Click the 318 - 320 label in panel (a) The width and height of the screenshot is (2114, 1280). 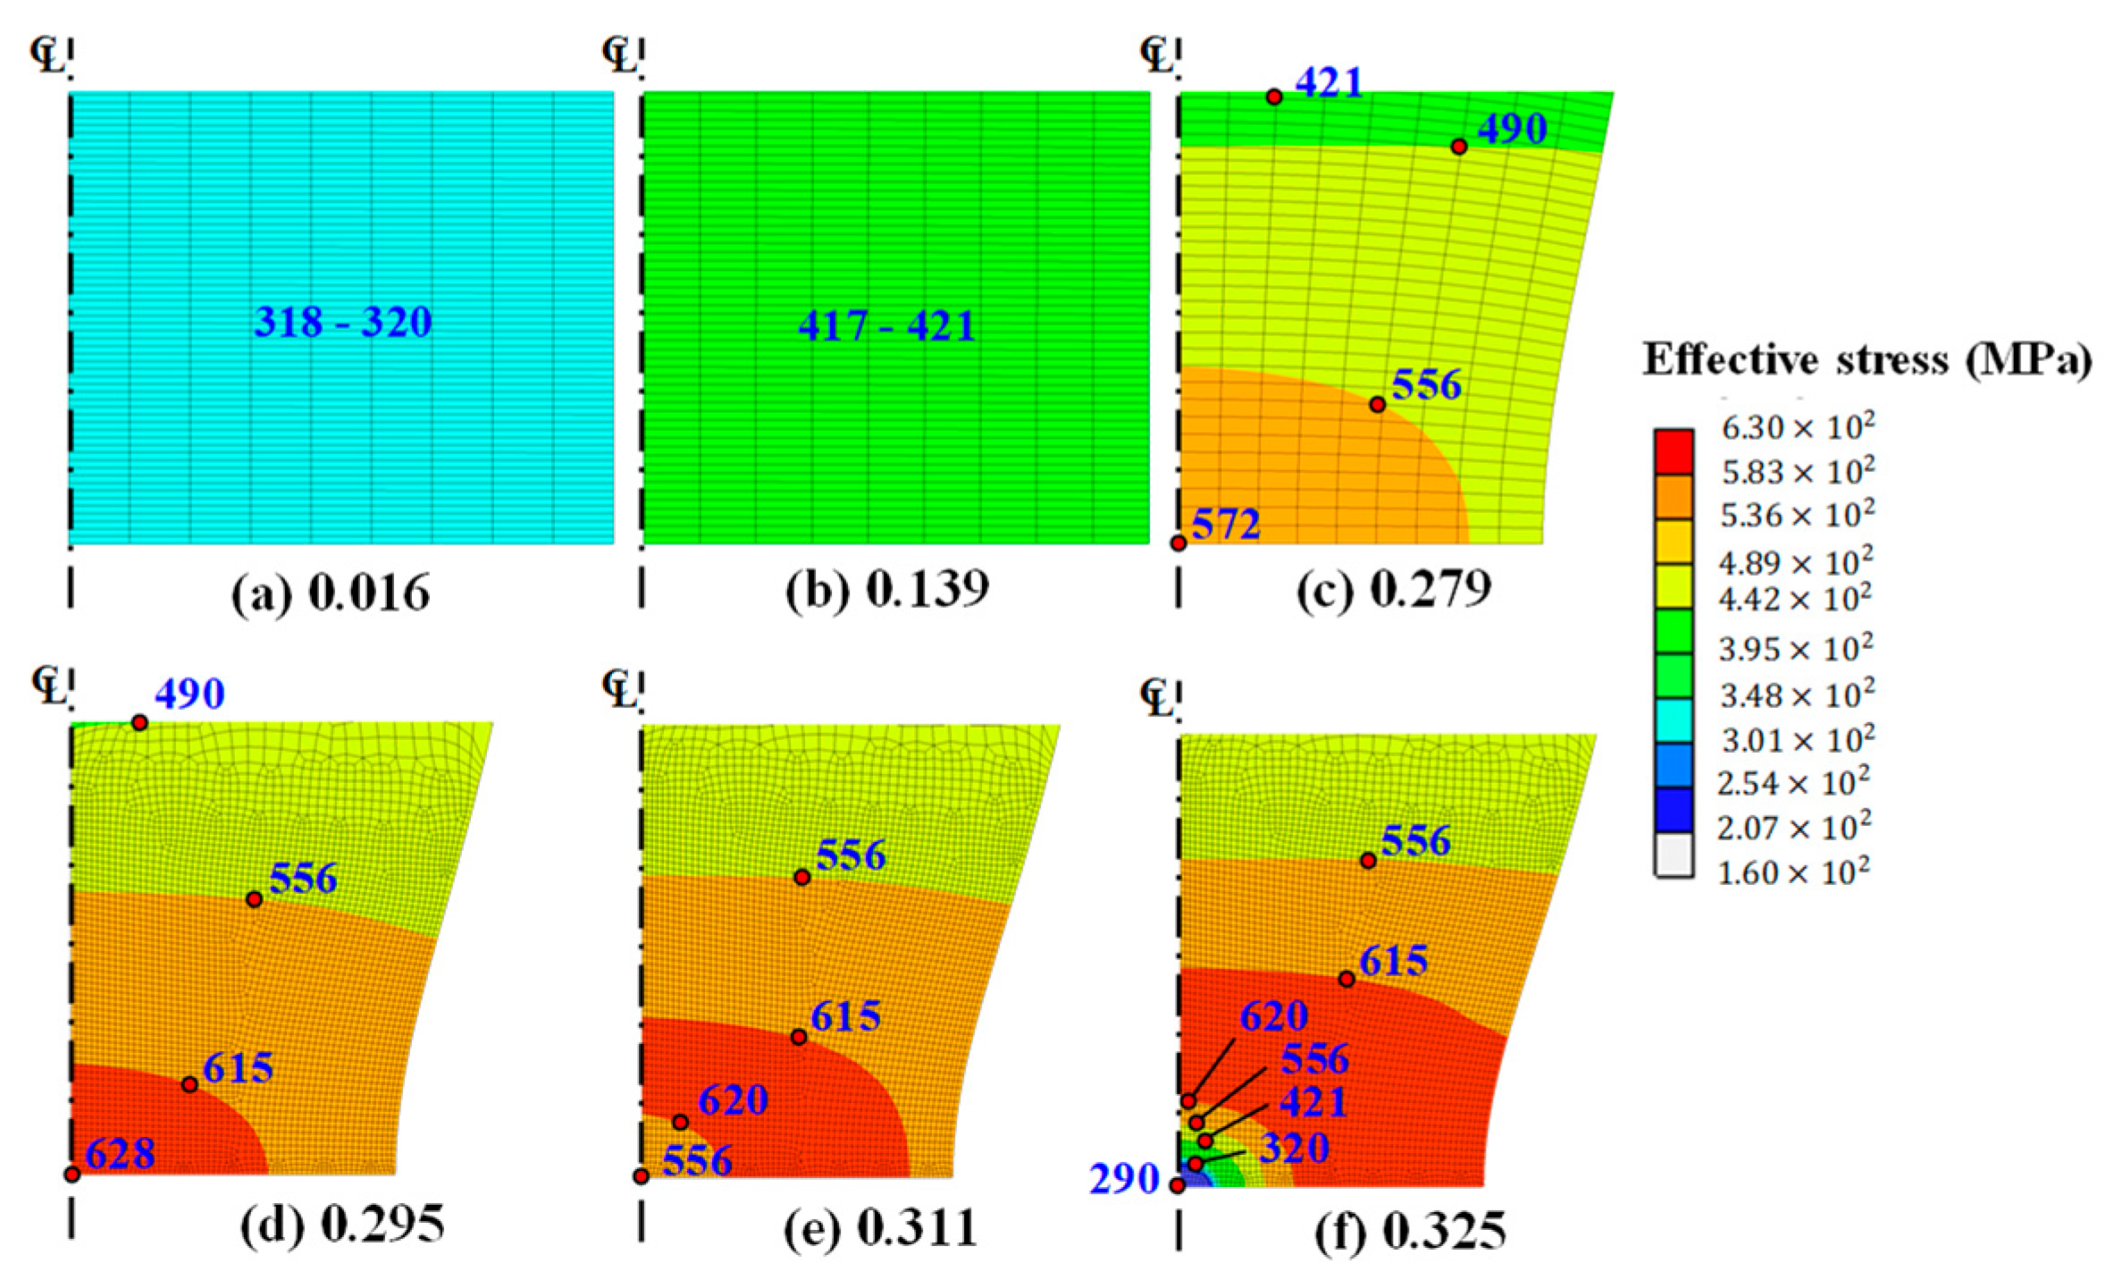[x=343, y=322]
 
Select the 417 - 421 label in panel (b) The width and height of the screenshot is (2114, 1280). [x=886, y=325]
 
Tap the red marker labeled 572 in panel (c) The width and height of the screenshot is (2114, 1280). [x=1179, y=543]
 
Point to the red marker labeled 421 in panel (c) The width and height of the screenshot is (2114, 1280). [x=1274, y=97]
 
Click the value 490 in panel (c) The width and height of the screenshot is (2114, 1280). [x=1512, y=130]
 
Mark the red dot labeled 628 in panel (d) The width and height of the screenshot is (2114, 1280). [x=72, y=1174]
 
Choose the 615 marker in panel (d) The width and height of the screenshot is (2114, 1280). [x=189, y=1084]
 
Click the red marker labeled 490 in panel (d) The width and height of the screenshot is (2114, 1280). [x=139, y=722]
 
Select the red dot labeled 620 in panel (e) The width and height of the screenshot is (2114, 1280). [x=680, y=1122]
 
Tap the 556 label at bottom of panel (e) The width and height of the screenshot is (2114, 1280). [x=697, y=1160]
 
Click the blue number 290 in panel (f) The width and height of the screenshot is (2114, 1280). [x=1123, y=1180]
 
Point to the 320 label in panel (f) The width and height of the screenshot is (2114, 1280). [x=1294, y=1148]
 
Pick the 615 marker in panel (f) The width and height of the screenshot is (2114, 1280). [x=1346, y=979]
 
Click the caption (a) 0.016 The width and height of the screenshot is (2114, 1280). [x=331, y=594]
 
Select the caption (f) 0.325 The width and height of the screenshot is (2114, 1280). [x=1410, y=1232]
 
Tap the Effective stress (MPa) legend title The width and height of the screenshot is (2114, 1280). [x=1867, y=360]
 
